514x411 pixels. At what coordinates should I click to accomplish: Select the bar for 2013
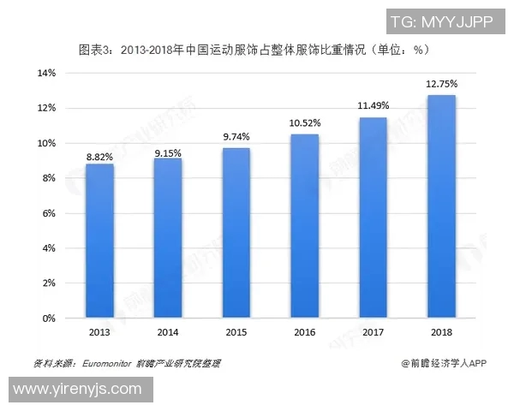[99, 241]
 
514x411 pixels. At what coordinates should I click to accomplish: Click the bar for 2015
[236, 233]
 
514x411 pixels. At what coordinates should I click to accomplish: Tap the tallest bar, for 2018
[441, 206]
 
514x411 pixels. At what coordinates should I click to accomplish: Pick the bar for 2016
[304, 226]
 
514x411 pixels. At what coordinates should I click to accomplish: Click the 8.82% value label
[99, 157]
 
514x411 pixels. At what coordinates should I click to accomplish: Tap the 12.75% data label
[441, 84]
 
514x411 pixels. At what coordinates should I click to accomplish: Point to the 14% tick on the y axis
[46, 73]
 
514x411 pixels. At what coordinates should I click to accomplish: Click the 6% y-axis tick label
[49, 213]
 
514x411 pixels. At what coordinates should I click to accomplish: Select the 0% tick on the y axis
[49, 319]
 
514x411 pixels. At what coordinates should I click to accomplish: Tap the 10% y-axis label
[46, 143]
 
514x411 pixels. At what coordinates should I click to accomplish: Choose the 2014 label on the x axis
[168, 331]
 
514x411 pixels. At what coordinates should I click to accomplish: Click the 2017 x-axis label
[373, 331]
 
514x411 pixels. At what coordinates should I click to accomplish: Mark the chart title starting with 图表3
[254, 49]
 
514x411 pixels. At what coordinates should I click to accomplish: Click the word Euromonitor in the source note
[104, 364]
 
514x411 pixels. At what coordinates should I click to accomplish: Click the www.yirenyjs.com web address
[77, 389]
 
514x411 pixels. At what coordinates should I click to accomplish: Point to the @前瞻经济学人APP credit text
[443, 364]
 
